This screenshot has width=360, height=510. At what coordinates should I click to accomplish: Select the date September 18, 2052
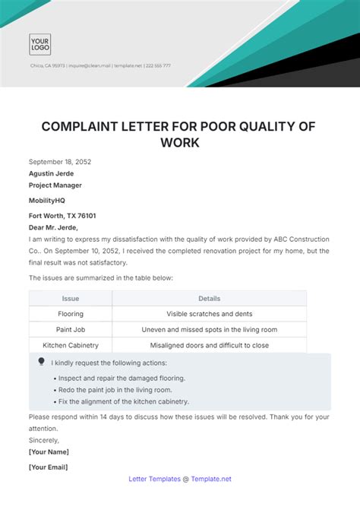point(60,162)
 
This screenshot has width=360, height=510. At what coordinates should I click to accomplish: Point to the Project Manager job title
point(55,185)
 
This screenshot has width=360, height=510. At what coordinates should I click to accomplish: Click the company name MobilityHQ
point(49,201)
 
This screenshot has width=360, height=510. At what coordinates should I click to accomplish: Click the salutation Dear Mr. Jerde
point(54,226)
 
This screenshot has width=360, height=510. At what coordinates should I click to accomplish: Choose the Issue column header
point(71,299)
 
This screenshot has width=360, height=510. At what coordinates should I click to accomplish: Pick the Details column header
point(209,299)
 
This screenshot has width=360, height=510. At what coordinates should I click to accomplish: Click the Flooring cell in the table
point(71,314)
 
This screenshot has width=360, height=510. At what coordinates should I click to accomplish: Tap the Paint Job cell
point(71,330)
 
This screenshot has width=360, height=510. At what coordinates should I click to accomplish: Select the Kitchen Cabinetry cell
point(71,345)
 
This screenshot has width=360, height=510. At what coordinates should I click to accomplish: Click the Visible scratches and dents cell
point(209,314)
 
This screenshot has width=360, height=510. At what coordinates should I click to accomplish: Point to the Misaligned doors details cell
point(209,345)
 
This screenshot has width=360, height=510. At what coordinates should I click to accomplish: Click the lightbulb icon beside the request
point(41,362)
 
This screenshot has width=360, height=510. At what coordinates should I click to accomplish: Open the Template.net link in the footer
point(212,479)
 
